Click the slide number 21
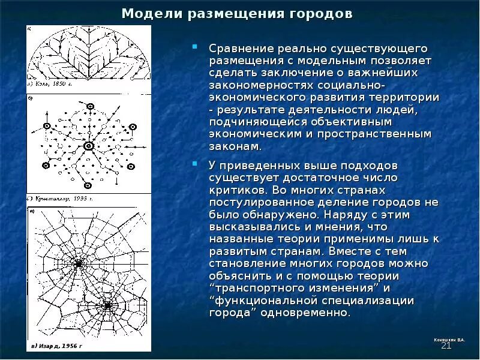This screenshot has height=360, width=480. pos(446,346)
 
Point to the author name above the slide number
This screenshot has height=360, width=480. pos(449,340)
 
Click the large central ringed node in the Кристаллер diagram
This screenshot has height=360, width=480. pos(88,145)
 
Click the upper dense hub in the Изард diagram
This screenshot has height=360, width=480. pos(79,263)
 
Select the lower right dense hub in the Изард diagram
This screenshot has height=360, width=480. pos(108,305)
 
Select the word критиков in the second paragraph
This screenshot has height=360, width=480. pos(235,190)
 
